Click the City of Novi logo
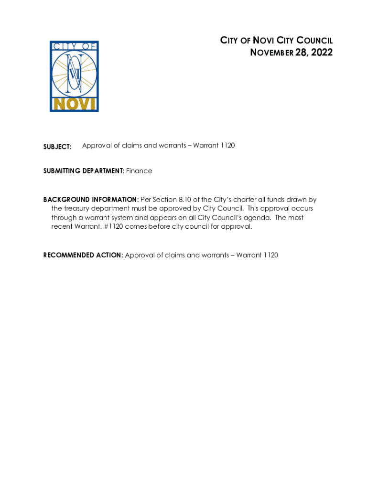click(x=74, y=76)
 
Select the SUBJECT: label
click(x=57, y=147)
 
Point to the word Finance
click(x=139, y=171)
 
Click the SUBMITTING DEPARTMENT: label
click(x=84, y=171)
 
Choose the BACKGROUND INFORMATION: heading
click(x=91, y=200)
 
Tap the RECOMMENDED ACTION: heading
click(x=83, y=255)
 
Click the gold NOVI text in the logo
click(x=74, y=104)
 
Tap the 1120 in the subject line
click(x=227, y=145)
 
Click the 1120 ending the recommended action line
click(x=270, y=255)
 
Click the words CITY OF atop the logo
click(x=74, y=46)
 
